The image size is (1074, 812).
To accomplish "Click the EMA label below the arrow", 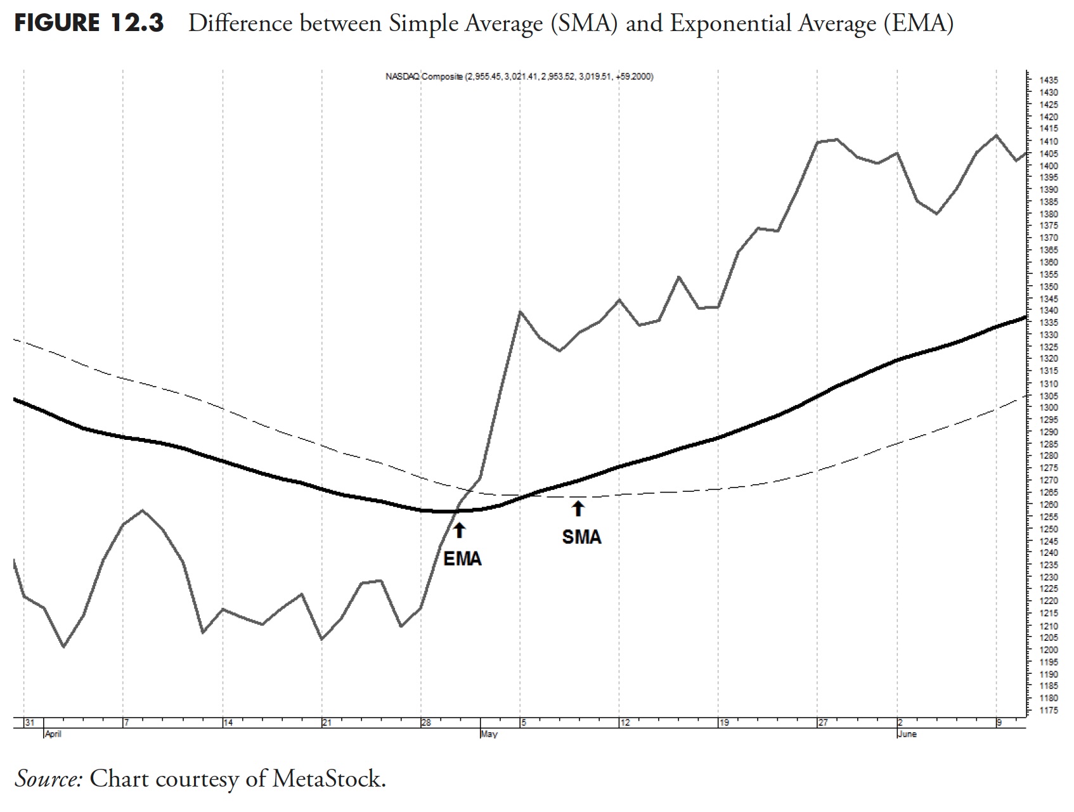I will tap(462, 559).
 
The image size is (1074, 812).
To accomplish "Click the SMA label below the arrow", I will tap(581, 538).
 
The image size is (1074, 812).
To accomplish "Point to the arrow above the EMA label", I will tap(460, 530).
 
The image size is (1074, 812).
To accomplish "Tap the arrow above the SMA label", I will tap(578, 508).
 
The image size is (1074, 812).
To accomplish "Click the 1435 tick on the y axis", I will tap(1049, 81).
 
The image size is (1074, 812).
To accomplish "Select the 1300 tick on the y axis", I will tap(1049, 408).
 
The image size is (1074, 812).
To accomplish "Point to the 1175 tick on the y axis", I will tap(1049, 711).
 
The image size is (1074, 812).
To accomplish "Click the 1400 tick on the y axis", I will tap(1049, 165).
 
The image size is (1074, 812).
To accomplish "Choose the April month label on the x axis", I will tap(53, 735).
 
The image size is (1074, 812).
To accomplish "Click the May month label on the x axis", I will tap(489, 735).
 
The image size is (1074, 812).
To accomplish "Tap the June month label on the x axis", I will tap(907, 735).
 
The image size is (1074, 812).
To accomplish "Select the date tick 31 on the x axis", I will tap(29, 723).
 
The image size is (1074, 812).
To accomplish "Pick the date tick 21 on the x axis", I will tap(327, 723).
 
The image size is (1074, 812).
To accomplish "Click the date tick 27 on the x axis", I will tap(823, 723).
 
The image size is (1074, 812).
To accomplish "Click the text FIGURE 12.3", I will tap(89, 24).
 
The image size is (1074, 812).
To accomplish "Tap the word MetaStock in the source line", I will tap(328, 778).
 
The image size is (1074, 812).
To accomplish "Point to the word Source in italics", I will tap(49, 778).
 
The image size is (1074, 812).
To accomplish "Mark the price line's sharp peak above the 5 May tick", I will tap(520, 312).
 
